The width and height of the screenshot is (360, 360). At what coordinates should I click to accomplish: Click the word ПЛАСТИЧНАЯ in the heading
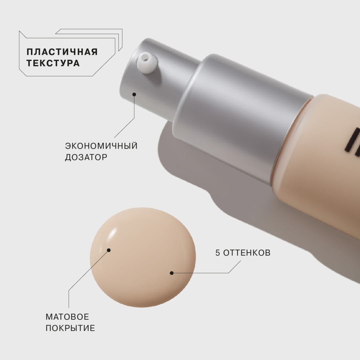[62, 52]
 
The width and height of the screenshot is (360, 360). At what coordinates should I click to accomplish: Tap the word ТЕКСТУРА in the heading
[53, 63]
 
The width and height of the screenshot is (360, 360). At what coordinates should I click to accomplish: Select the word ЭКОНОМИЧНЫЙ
[101, 146]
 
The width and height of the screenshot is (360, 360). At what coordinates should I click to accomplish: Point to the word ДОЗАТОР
[86, 157]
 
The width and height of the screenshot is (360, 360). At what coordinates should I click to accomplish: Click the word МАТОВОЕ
[67, 317]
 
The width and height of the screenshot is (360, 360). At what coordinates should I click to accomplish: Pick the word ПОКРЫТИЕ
[70, 328]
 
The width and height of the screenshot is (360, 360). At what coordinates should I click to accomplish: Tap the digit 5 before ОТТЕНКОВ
[218, 253]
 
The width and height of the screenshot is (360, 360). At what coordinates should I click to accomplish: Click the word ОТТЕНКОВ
[247, 253]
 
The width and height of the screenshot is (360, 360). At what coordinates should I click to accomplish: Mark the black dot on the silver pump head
[134, 94]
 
